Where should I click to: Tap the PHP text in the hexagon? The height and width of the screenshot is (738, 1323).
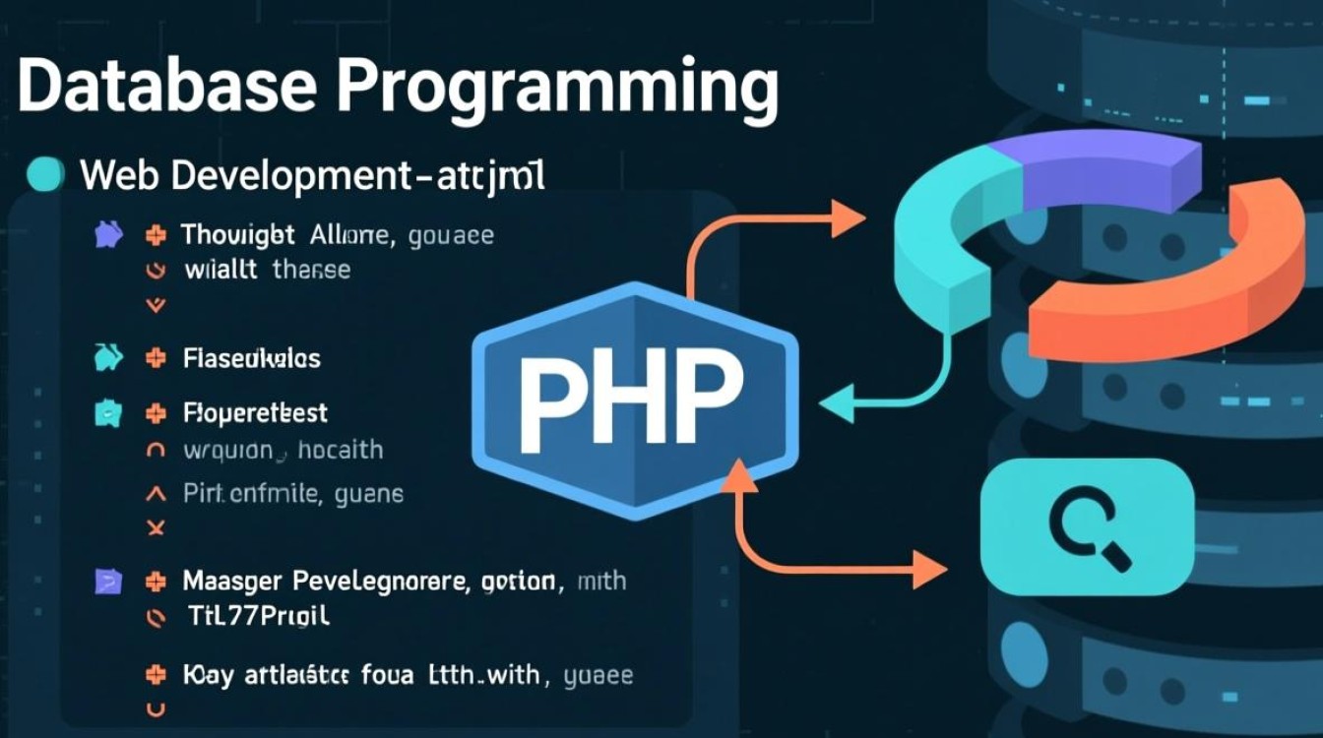(x=630, y=398)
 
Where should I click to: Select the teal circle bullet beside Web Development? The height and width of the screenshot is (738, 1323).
(x=45, y=175)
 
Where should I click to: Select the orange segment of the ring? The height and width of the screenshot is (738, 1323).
(x=1211, y=285)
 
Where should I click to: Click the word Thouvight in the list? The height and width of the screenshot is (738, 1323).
(x=237, y=235)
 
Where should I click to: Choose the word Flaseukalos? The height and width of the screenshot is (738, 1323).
(x=252, y=359)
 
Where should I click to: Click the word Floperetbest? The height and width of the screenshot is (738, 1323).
(x=255, y=413)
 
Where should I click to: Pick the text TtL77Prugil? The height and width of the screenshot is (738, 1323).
(x=258, y=617)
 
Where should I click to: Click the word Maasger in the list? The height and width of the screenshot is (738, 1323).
(x=232, y=582)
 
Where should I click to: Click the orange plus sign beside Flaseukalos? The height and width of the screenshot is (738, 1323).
(x=155, y=359)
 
